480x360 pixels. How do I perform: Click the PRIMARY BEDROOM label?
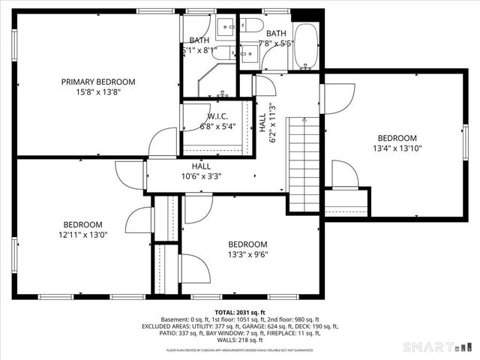(97, 82)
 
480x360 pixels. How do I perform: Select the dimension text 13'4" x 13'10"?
(397, 148)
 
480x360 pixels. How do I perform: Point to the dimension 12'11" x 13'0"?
(82, 235)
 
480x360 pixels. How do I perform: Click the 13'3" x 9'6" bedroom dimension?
(247, 254)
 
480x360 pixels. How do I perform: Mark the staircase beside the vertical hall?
(305, 165)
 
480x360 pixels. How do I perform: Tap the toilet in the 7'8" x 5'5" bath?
(253, 26)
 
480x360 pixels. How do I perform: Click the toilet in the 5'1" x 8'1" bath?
(221, 52)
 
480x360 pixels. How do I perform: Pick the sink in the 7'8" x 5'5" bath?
(248, 52)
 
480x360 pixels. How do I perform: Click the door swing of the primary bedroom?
(163, 142)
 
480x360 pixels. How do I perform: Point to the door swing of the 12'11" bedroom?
(139, 220)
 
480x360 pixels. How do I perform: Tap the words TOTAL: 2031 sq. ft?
(240, 312)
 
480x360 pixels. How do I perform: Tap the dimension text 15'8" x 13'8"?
(97, 91)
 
